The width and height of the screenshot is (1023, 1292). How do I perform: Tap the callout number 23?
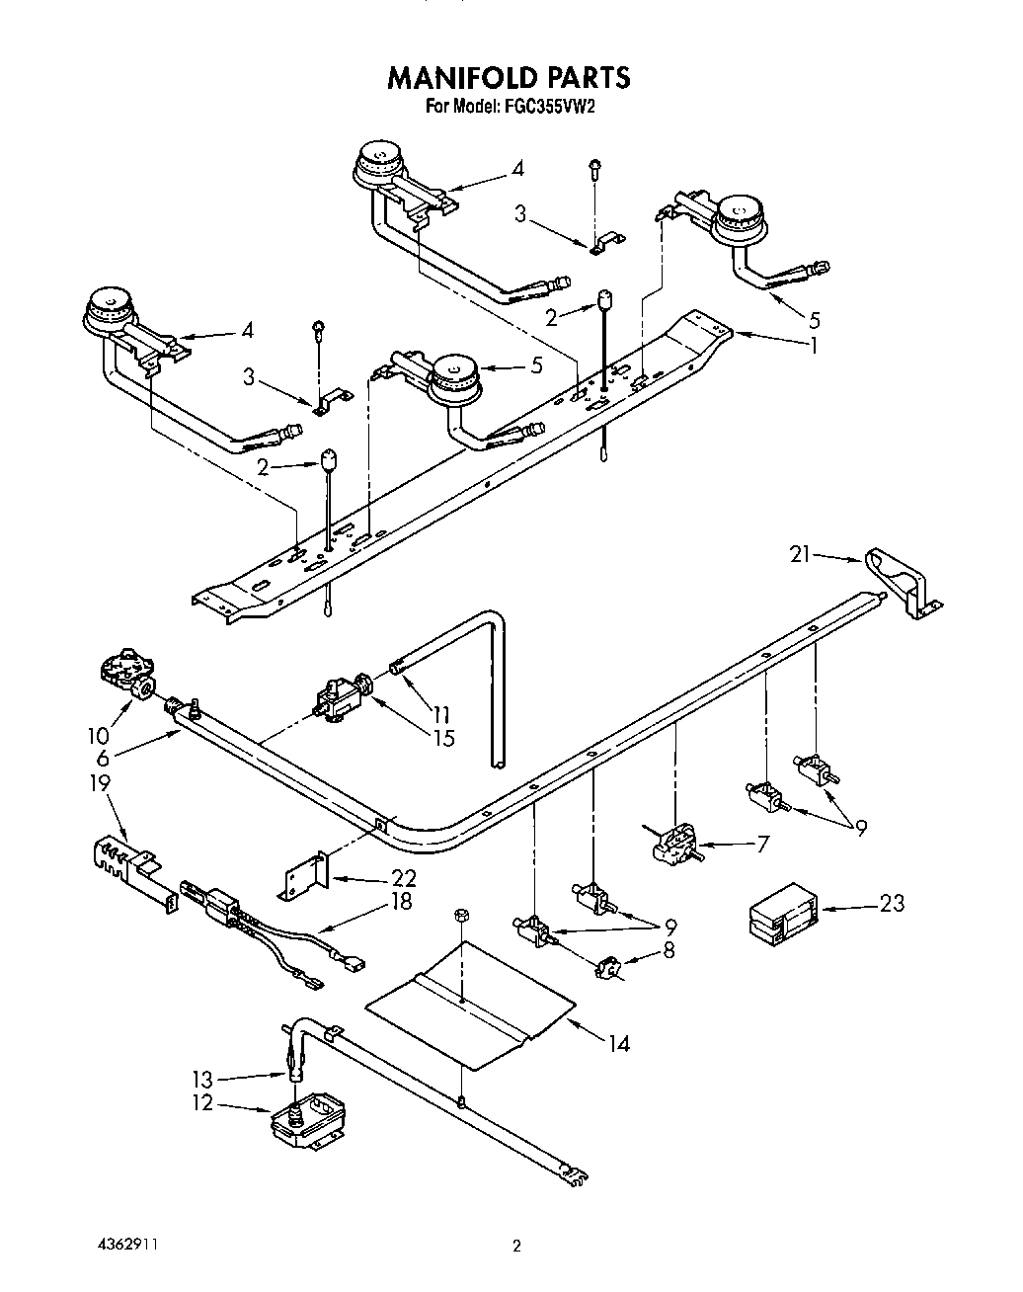[x=892, y=903]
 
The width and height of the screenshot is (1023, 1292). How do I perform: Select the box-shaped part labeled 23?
[x=780, y=913]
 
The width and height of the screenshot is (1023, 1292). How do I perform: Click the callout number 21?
[x=800, y=555]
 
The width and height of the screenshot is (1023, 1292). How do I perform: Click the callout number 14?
[x=618, y=1042]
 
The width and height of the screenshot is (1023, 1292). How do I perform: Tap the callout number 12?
[x=202, y=1102]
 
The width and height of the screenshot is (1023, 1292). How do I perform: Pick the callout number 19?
[x=100, y=782]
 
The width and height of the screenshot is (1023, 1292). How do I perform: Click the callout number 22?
[x=404, y=877]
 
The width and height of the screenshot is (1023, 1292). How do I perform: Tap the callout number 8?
[x=671, y=950]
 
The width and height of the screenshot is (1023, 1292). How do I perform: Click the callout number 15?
[x=443, y=737]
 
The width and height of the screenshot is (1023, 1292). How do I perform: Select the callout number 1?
[x=814, y=345]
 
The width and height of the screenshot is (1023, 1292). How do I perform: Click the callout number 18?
[x=401, y=901]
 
